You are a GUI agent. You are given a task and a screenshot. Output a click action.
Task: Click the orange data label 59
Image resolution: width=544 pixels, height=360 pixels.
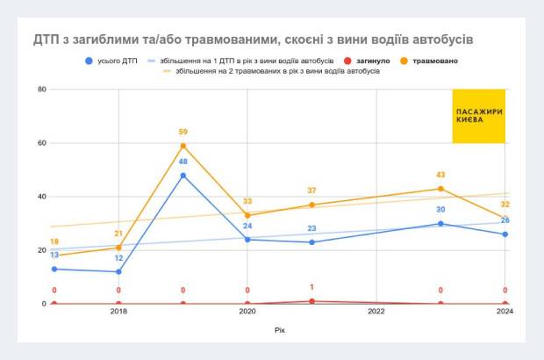(183, 132)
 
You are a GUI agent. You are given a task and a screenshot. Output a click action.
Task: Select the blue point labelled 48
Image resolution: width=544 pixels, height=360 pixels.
(183, 175)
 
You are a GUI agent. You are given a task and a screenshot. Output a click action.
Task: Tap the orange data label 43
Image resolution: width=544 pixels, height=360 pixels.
(440, 175)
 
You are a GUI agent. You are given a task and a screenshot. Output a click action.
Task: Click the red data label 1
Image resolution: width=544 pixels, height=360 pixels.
(311, 287)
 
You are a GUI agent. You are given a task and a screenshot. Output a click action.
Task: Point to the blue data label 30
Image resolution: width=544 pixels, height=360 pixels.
(440, 210)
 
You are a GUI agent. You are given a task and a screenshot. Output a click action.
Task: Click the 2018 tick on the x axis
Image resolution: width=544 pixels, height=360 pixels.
(118, 312)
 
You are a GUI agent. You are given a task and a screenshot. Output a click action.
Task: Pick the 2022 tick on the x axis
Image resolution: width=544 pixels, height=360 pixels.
(376, 312)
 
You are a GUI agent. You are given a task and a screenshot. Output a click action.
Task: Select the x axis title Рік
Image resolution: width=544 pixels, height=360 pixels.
(278, 330)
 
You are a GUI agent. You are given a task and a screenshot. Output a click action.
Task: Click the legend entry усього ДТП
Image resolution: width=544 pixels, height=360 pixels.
(113, 61)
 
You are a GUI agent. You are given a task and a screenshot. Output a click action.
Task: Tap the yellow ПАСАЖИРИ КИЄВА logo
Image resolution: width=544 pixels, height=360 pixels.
(479, 116)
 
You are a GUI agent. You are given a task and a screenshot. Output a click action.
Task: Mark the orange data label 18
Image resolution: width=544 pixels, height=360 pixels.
(54, 241)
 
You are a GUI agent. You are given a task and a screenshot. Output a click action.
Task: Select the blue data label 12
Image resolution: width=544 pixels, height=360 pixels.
(118, 258)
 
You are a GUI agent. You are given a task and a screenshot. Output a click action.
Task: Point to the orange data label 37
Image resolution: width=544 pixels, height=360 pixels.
(311, 191)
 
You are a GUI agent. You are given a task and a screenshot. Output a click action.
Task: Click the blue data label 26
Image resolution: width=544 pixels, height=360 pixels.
(505, 220)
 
